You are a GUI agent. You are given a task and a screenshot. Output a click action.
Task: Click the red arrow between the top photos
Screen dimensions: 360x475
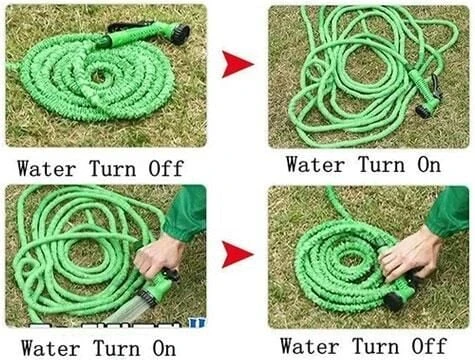pyautogui.click(x=237, y=66)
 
